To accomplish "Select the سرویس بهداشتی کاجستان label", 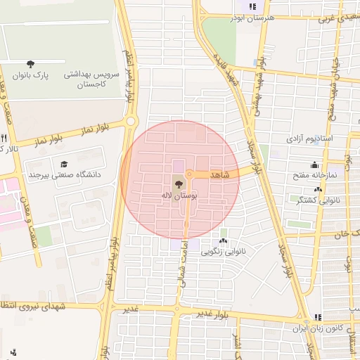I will click(93, 79).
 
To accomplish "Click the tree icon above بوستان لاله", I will click(176, 184).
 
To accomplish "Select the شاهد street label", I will click(221, 173).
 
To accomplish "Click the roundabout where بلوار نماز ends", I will click(131, 122).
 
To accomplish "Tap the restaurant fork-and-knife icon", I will click(4, 138).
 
